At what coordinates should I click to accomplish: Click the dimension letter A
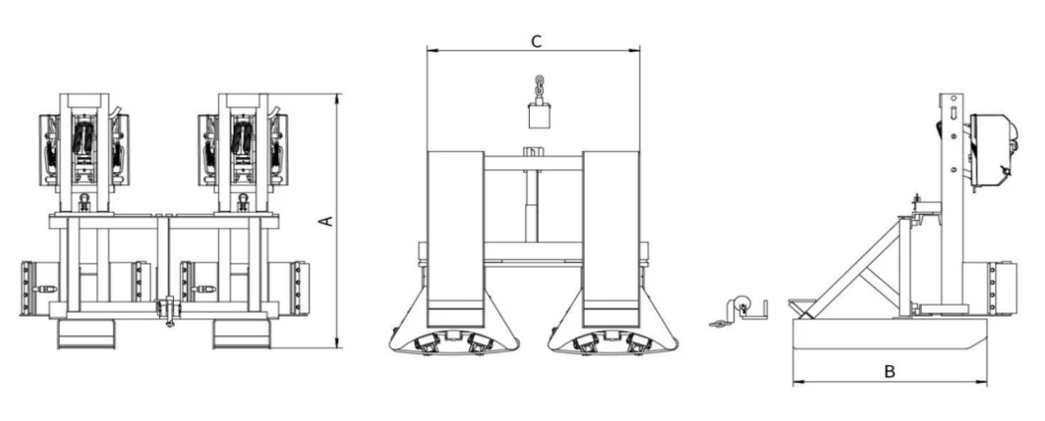point(326,221)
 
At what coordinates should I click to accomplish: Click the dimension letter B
point(889,371)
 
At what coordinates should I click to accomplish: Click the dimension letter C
point(536,42)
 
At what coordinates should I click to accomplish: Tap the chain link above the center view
point(539,87)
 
